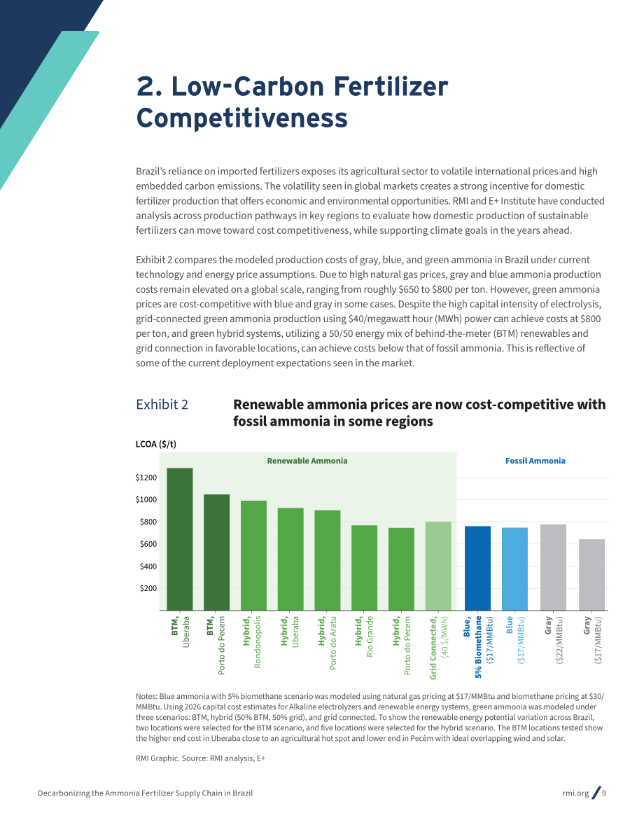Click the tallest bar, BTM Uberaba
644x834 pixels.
click(180, 538)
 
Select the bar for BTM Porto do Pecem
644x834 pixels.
click(216, 552)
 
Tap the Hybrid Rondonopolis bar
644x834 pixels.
click(253, 555)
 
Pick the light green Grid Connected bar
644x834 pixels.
click(438, 566)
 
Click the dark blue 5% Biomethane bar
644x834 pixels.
click(477, 568)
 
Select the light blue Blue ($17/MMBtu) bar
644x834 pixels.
click(514, 569)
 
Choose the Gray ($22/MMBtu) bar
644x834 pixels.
click(553, 567)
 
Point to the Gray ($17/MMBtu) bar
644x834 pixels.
click(592, 574)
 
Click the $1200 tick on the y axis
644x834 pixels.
click(146, 478)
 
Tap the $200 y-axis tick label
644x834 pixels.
click(148, 588)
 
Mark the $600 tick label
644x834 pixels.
click(148, 544)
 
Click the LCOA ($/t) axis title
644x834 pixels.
click(156, 444)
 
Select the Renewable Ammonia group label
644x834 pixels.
click(307, 461)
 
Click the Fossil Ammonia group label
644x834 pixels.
click(535, 461)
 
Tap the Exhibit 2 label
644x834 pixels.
click(162, 405)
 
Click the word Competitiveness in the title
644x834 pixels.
click(242, 118)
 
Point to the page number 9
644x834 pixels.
click(604, 793)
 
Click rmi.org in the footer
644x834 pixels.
click(575, 793)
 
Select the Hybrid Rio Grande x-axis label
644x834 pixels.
click(364, 637)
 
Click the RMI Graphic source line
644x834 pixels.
click(200, 758)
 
